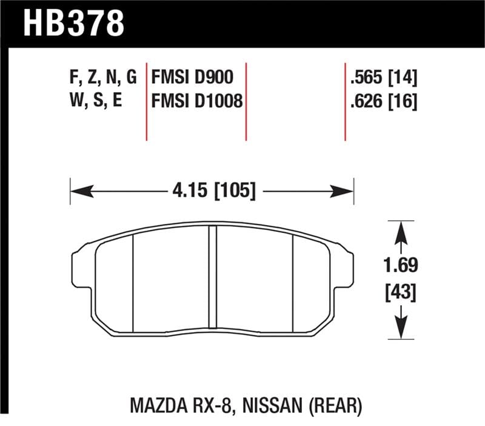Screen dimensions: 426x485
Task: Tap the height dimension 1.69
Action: tap(400, 265)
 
